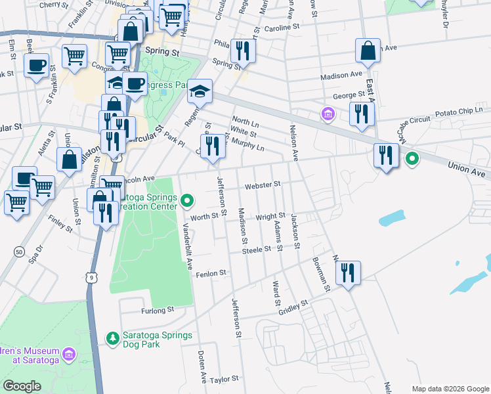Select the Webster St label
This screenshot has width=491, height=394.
click(263, 185)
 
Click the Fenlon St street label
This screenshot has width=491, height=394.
click(211, 273)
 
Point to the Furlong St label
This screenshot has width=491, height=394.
click(156, 309)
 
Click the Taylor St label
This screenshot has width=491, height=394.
click(224, 380)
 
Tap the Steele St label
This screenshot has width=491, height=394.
click(257, 250)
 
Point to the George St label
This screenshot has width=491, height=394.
click(349, 95)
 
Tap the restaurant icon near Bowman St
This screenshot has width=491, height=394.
click(348, 273)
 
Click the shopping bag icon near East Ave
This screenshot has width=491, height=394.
click(368, 50)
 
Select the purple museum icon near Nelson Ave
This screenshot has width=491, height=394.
click(328, 114)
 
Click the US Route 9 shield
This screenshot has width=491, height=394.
click(94, 278)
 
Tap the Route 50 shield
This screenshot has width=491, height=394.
click(18, 252)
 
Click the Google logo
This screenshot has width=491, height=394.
click(22, 386)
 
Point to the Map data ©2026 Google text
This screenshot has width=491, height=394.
click(450, 389)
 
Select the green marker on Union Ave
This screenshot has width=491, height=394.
click(412, 158)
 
